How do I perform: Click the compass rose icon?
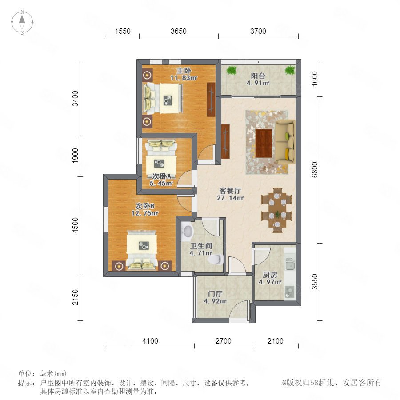coord(22,22)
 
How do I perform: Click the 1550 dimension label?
coord(123,31)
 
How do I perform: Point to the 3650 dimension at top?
coord(179,31)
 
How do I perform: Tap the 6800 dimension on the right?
coord(315,170)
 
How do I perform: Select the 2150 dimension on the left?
coord(75,297)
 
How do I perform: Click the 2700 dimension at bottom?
coord(224,341)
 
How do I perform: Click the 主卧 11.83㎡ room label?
coord(184,74)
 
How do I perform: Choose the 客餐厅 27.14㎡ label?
coord(230,194)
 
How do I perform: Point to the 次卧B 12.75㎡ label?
coord(144,209)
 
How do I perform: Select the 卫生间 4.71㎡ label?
coord(201,249)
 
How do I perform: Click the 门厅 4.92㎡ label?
coord(215,297)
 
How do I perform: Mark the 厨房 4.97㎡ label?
coord(270,278)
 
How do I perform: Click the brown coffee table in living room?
coord(264,144)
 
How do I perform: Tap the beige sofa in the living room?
coord(285,141)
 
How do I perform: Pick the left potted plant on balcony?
coord(232,70)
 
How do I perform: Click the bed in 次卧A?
coord(161,160)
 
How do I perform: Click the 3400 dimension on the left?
coord(75,99)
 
